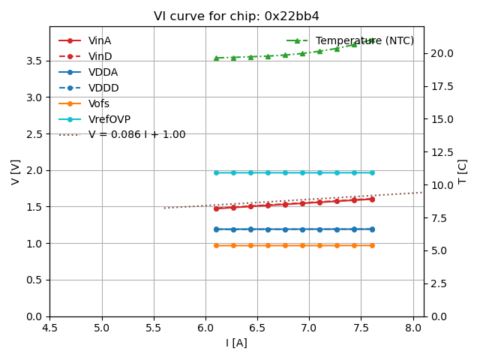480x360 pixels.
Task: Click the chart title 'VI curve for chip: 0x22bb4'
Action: (x=236, y=16)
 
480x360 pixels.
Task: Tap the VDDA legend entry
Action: (x=103, y=72)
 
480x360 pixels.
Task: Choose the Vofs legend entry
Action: (x=99, y=103)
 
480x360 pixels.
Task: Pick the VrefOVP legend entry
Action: (x=109, y=119)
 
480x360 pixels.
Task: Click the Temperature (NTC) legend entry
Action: (x=364, y=40)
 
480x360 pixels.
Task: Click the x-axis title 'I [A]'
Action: (x=236, y=343)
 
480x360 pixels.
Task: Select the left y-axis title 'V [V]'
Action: (x=16, y=172)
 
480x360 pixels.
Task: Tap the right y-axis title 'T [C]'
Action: (x=463, y=172)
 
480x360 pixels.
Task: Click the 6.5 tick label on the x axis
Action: (x=257, y=328)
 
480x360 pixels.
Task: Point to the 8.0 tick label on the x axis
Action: (x=413, y=328)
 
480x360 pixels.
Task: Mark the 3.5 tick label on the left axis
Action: (x=34, y=61)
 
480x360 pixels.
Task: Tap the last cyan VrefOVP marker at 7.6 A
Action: (x=372, y=172)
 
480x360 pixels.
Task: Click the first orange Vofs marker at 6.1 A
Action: (x=216, y=245)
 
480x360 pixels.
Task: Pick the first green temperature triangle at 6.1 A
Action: (x=216, y=58)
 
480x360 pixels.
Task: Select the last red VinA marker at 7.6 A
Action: (x=372, y=199)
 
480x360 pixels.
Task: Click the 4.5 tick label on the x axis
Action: (x=49, y=328)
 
